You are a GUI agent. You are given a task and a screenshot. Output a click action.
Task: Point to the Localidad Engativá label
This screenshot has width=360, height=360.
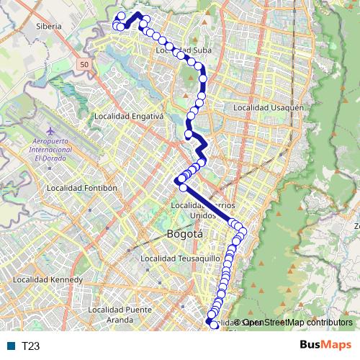130,116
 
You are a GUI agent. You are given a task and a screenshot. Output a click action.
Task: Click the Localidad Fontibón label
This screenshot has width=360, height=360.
81,187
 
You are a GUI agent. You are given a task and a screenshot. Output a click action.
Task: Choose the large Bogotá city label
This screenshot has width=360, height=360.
185,234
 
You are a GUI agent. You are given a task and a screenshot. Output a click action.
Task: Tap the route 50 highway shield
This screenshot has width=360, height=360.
85,65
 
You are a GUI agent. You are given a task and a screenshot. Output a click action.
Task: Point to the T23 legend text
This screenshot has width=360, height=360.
30,346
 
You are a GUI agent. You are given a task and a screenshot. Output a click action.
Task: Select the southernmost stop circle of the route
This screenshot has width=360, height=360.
214,326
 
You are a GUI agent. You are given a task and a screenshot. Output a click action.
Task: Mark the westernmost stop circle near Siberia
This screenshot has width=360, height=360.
116,26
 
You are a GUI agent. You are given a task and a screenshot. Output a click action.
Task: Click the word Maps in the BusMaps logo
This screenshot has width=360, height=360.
335,345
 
